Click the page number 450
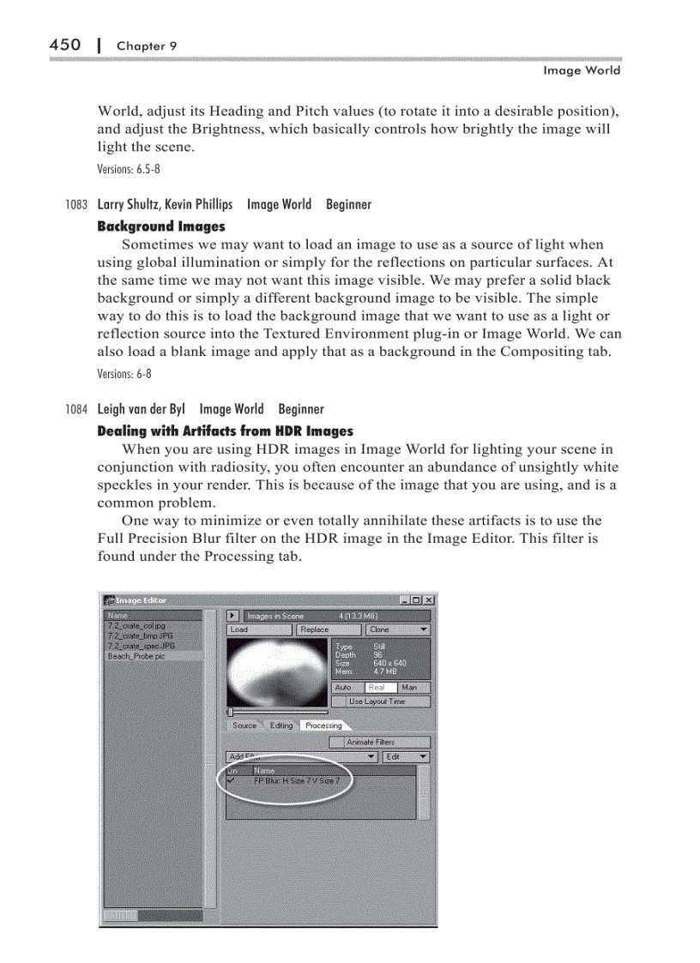click(65, 45)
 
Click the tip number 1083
click(76, 205)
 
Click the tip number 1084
click(76, 410)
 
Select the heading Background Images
click(161, 226)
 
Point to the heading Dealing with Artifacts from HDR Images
click(225, 431)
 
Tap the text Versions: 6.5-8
click(129, 169)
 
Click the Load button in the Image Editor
click(260, 629)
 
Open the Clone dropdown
click(398, 629)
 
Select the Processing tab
click(323, 725)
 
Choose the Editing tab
click(281, 725)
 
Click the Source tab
click(244, 725)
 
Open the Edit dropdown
click(406, 757)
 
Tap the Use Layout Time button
click(378, 701)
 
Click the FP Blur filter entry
click(302, 781)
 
